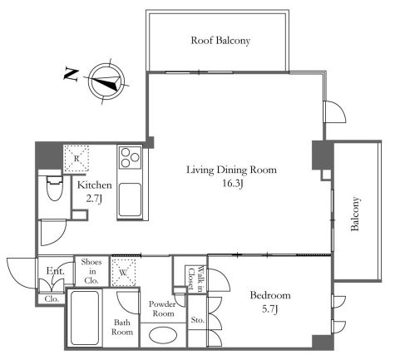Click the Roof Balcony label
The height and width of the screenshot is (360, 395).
220,41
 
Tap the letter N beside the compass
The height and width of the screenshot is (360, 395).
72,74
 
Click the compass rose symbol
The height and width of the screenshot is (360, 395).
106,81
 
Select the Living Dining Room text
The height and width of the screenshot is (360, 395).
231,170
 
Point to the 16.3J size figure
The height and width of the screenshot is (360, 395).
233,183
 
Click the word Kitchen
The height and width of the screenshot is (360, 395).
95,185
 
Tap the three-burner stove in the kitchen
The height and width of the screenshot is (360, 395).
130,157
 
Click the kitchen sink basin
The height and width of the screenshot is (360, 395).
130,200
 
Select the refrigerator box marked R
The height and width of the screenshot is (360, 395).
77,159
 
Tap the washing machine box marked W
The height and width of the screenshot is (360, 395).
123,272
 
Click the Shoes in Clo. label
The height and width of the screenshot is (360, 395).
91,271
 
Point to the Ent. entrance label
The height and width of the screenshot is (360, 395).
55,270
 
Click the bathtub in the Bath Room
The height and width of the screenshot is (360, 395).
85,318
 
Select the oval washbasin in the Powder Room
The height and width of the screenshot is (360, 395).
163,335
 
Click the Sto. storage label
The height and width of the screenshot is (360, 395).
198,320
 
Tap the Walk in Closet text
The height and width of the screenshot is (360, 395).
196,279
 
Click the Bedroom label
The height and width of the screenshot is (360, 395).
270,295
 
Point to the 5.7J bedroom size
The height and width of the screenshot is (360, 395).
270,309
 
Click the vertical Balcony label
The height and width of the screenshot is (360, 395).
355,214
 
